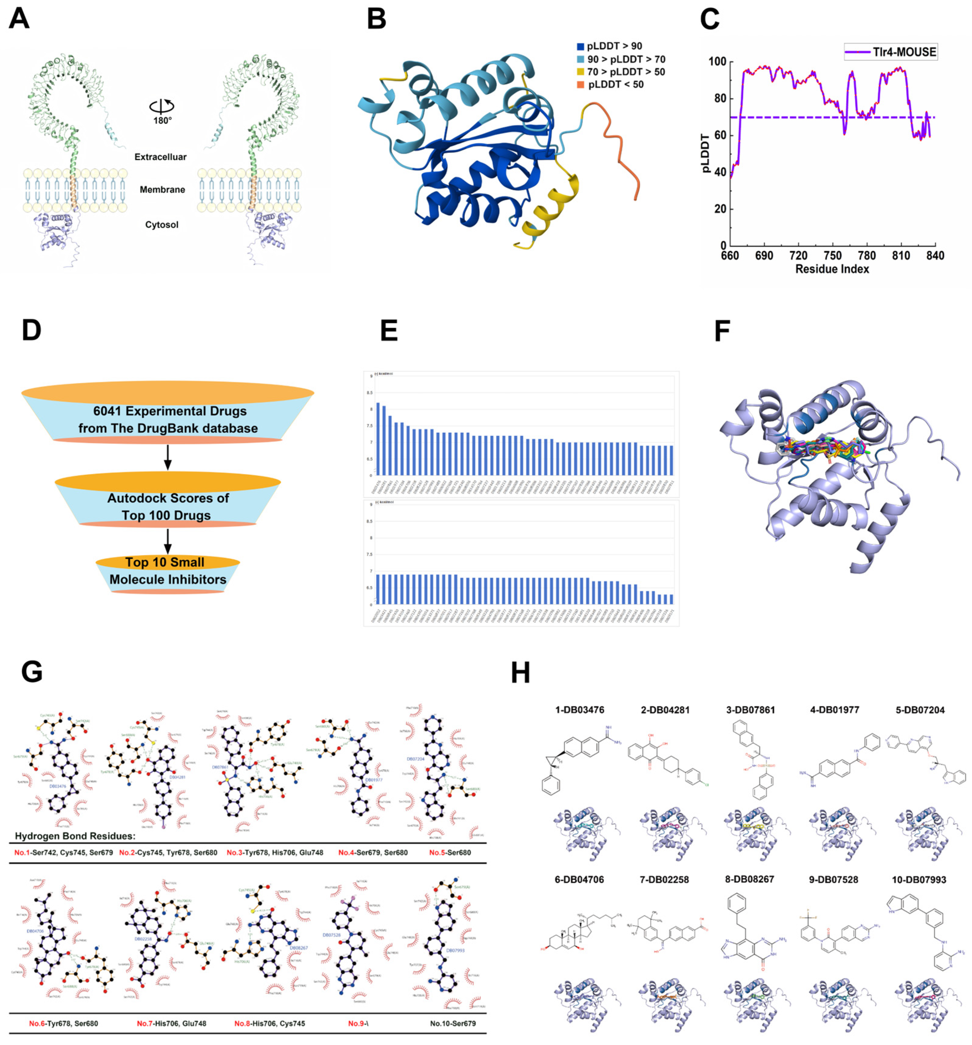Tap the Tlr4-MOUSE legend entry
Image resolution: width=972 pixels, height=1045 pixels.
(x=890, y=52)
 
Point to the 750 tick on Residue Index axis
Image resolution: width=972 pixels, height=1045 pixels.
(x=832, y=256)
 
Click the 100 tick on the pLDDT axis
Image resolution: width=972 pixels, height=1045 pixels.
(x=716, y=62)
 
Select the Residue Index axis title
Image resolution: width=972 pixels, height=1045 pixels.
(x=831, y=269)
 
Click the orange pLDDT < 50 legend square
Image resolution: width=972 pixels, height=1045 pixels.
(x=580, y=85)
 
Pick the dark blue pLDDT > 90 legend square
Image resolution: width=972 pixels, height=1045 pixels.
(x=580, y=46)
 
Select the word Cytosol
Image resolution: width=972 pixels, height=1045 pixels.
(x=161, y=225)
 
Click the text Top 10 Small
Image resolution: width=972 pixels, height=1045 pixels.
(x=165, y=562)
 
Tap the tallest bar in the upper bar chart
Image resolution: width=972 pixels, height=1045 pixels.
(x=378, y=438)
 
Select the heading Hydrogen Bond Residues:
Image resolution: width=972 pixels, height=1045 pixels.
(x=75, y=836)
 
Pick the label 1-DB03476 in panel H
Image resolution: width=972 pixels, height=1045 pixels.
(x=579, y=710)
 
